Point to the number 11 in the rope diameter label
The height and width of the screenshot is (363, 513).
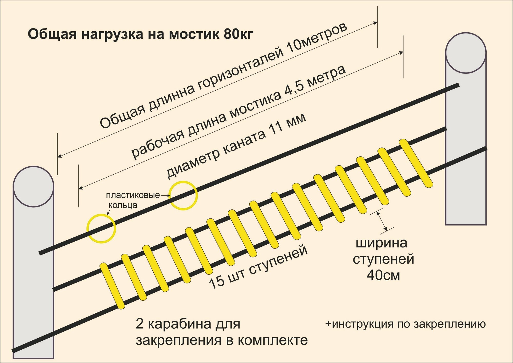click(x=276, y=128)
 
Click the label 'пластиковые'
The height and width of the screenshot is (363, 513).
click(x=133, y=195)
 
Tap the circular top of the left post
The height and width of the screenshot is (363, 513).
click(x=33, y=186)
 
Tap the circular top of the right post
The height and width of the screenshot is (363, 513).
click(x=466, y=53)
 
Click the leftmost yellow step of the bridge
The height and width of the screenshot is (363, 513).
click(x=112, y=285)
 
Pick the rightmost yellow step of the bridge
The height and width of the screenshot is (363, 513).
click(x=416, y=163)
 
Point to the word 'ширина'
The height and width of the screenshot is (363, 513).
click(x=381, y=243)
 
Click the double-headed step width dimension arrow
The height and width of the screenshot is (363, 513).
click(x=382, y=221)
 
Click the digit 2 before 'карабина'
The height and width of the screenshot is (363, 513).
click(x=139, y=324)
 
